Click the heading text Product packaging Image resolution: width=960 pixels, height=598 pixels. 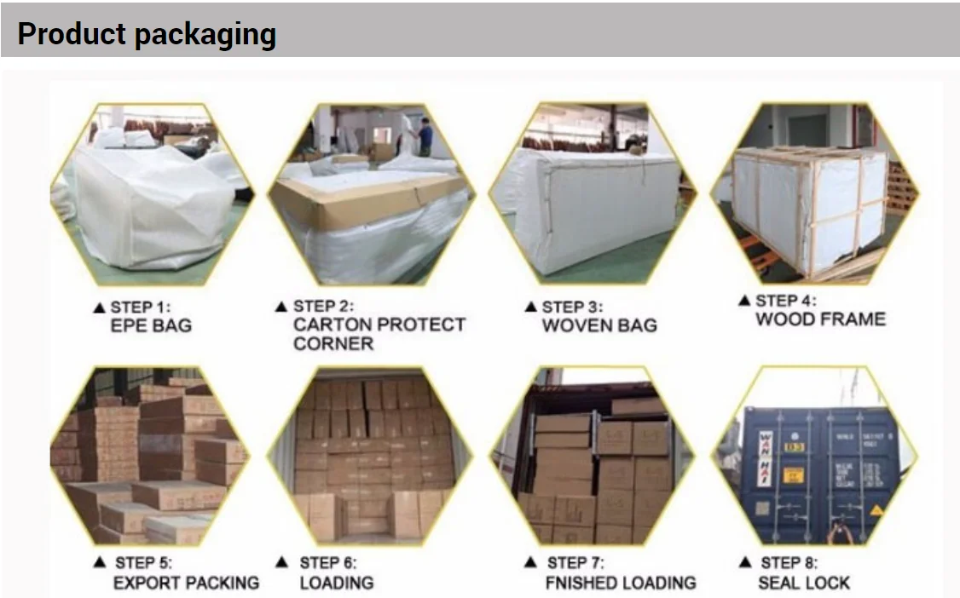coord(147,34)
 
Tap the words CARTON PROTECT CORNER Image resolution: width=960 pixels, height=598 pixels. coord(379,325)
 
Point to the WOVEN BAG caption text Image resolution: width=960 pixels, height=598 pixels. coord(599,325)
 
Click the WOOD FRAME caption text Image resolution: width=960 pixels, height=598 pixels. coord(820,319)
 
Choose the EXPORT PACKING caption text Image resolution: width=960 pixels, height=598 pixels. coord(186,584)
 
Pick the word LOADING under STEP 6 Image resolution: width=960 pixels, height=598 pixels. coord(336,584)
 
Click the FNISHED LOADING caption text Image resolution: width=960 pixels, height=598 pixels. coord(621,584)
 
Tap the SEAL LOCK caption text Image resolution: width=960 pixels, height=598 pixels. coord(804,584)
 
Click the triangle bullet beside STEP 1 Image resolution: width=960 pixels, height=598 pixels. coord(100,307)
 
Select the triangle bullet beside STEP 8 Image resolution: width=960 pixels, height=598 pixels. coord(747,562)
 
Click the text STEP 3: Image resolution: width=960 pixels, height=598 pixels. coord(571,307)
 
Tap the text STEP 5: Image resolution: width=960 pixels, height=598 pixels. coord(143,562)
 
